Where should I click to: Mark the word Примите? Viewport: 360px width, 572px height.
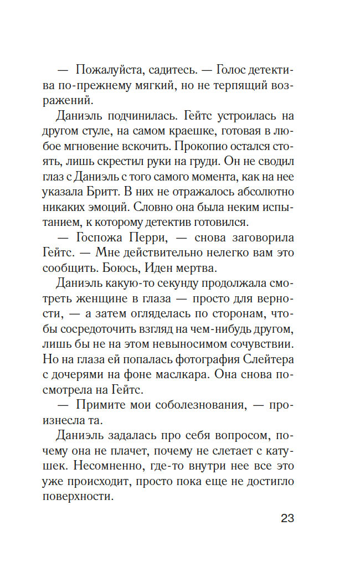point(101,405)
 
